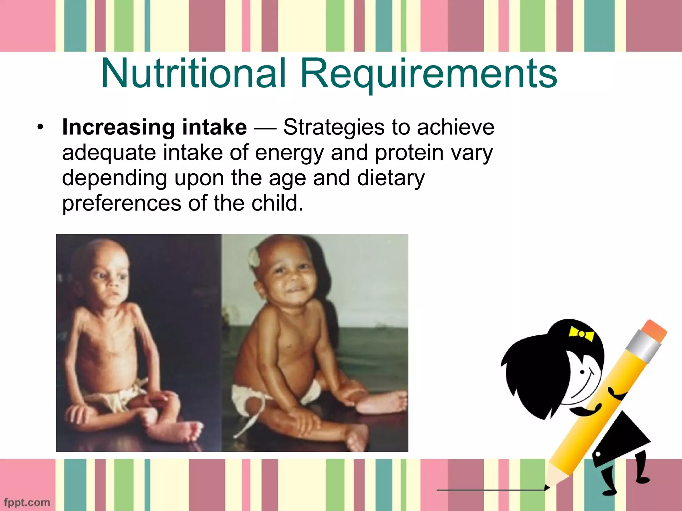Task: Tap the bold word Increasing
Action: pyautogui.click(x=118, y=128)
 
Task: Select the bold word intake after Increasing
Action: pyautogui.click(x=214, y=127)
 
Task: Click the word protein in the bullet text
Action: pyautogui.click(x=409, y=153)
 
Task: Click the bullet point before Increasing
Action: pyautogui.click(x=41, y=127)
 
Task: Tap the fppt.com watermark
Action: pyautogui.click(x=27, y=502)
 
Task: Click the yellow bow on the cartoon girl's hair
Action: pyautogui.click(x=581, y=333)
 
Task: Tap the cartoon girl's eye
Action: pyautogui.click(x=582, y=372)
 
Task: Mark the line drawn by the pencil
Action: pyautogui.click(x=490, y=490)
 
